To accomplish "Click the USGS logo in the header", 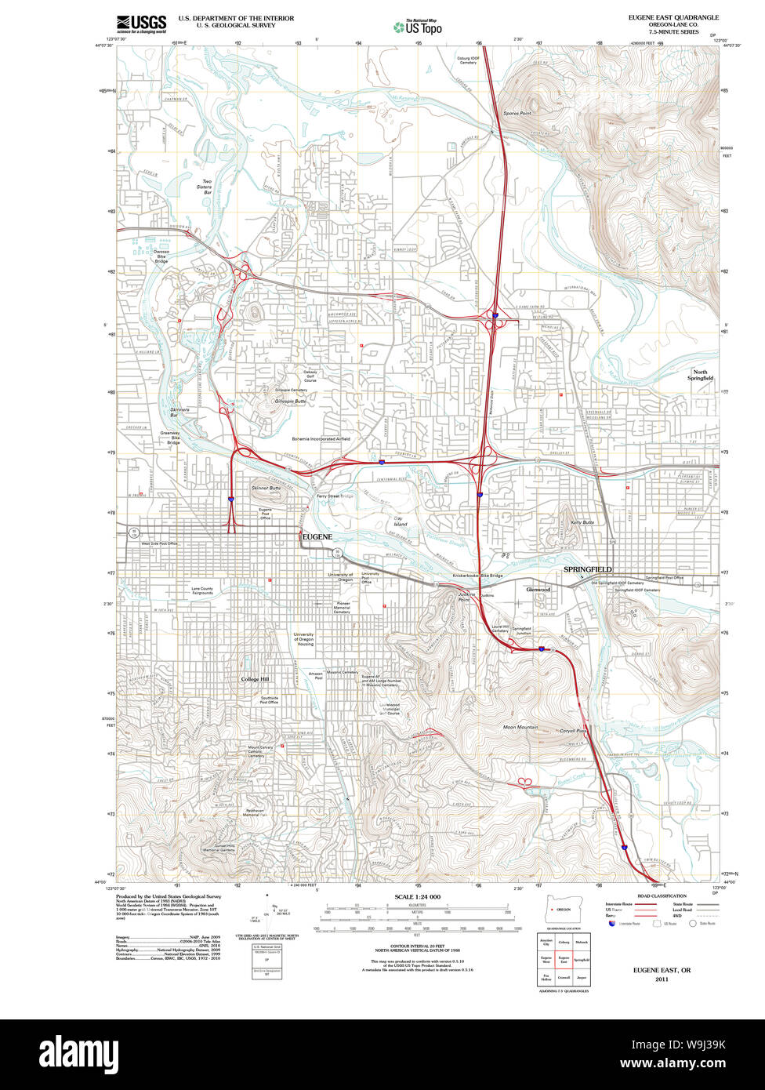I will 141,24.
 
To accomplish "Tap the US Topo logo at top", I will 418,27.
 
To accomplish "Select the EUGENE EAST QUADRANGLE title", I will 673,17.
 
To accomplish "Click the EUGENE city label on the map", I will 316,536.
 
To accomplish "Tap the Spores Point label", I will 517,114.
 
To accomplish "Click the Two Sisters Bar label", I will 207,187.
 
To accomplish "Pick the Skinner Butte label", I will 266,488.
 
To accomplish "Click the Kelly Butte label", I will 582,521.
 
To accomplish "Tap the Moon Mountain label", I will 520,727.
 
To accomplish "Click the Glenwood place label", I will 538,589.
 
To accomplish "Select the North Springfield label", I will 702,375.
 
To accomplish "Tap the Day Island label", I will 401,521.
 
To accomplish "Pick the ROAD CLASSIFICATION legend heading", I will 662,896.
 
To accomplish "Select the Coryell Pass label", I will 574,730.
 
